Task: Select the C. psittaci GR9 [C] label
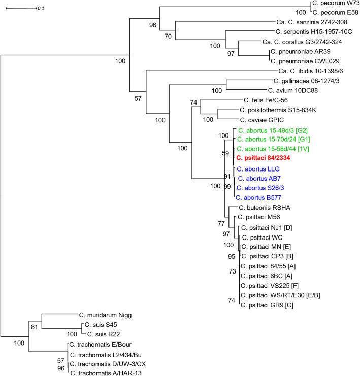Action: click(x=268, y=305)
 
